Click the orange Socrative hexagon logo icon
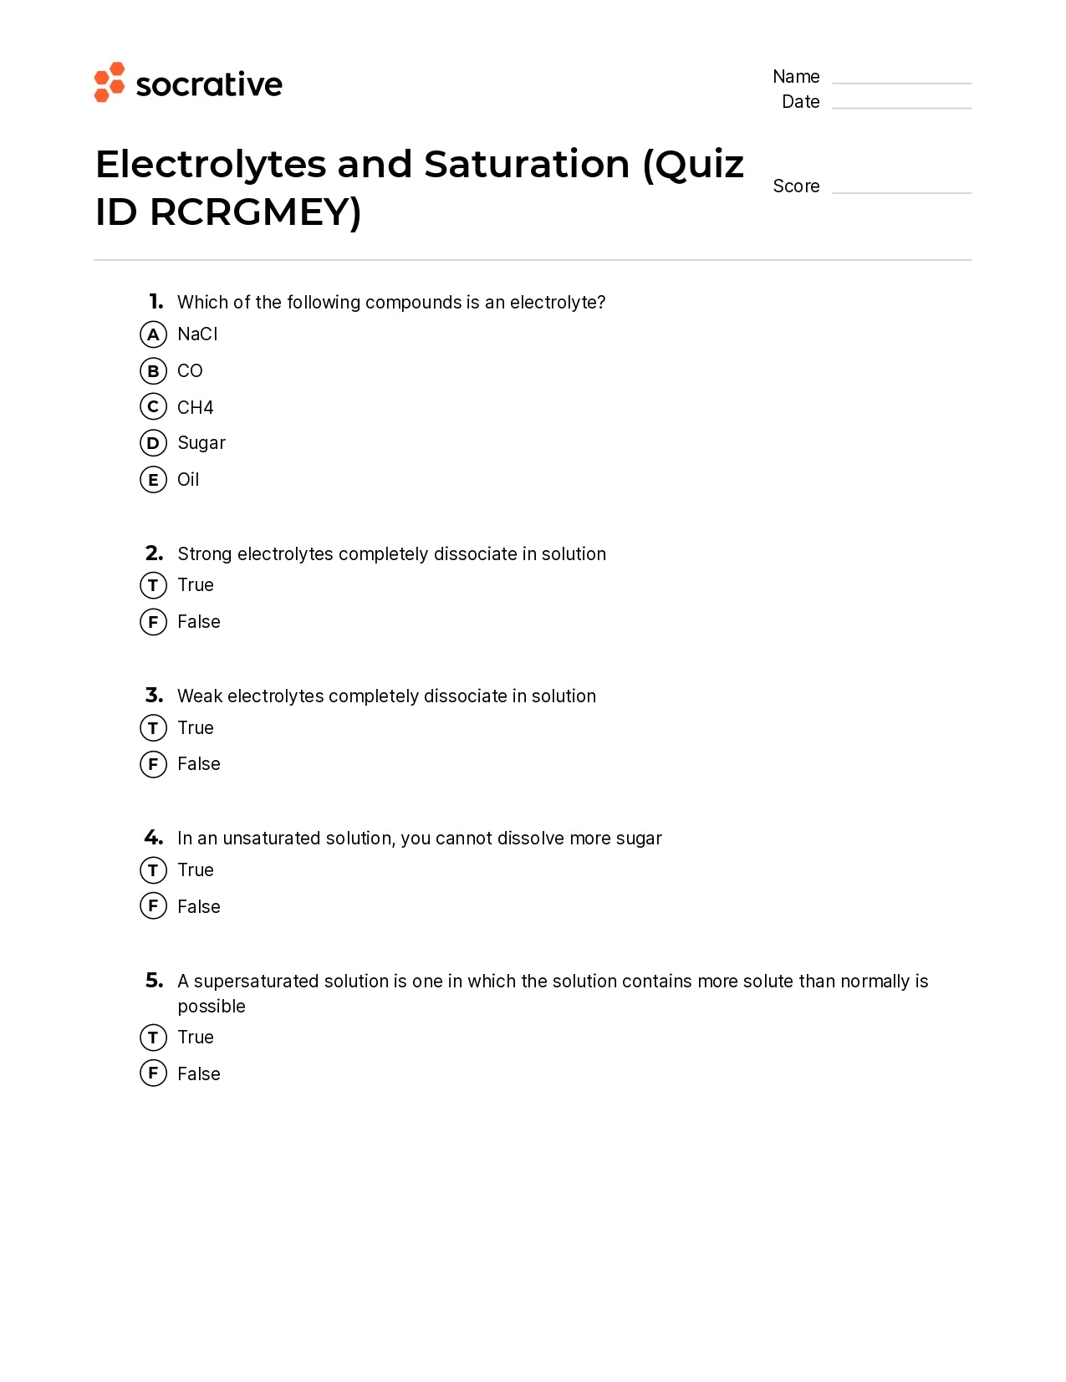(x=110, y=82)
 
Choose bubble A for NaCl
(x=153, y=334)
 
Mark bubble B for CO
(x=153, y=371)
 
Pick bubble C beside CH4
(x=153, y=407)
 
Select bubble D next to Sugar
(x=153, y=443)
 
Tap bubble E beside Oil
(x=153, y=480)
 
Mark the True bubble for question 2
(x=153, y=585)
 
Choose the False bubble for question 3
(x=153, y=764)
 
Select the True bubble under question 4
(x=153, y=870)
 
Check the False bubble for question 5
(x=153, y=1073)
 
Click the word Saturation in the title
(x=527, y=164)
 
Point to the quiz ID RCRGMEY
(x=255, y=212)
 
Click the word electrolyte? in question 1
(x=558, y=303)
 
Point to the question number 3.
(x=154, y=696)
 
